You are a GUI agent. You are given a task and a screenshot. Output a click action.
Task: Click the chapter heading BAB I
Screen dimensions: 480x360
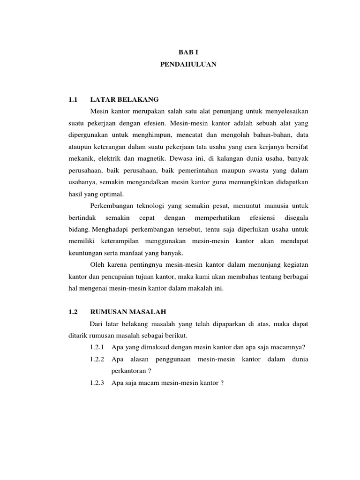coord(188,53)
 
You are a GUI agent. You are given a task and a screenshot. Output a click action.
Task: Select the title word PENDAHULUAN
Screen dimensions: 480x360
coord(188,65)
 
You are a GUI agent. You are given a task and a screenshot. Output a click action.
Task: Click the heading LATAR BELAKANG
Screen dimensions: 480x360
coord(124,99)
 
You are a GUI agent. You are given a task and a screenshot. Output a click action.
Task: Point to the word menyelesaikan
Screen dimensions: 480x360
coord(285,112)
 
